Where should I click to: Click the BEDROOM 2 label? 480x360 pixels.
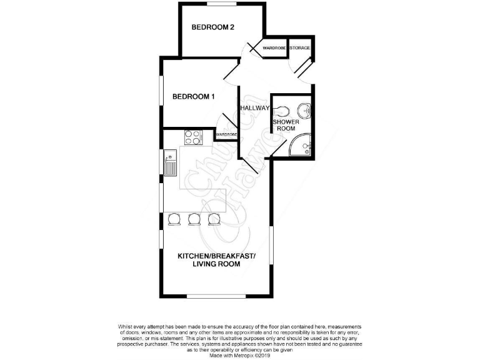coord(212,27)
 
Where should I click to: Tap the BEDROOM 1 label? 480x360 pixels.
coord(194,97)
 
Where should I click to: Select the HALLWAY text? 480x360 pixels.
coord(254,108)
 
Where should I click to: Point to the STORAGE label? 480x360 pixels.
coord(299,48)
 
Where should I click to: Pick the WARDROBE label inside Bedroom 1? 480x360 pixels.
coord(226,134)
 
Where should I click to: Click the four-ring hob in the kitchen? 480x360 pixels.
coord(192,137)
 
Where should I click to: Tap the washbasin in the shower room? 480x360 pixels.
coord(304,110)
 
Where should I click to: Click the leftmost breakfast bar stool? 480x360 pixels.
coord(173,218)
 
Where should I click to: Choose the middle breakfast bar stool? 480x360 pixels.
coord(194,218)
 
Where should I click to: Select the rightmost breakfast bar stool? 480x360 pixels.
coord(214,218)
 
